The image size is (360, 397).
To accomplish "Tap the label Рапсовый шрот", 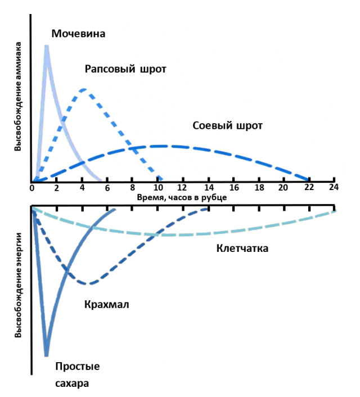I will (x=125, y=69).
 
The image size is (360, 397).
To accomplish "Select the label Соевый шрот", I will (x=227, y=125).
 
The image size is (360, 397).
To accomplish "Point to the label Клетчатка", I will (x=242, y=247).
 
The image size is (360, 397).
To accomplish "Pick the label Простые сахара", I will (x=77, y=375).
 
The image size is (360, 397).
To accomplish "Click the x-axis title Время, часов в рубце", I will (x=183, y=198).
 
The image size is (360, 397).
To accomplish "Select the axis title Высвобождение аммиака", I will (x=18, y=96).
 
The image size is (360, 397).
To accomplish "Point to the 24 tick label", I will (x=334, y=187).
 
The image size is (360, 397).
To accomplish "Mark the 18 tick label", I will (x=258, y=188).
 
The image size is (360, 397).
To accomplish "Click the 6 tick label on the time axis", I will (x=107, y=188).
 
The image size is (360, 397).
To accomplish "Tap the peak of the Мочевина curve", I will (x=47, y=46).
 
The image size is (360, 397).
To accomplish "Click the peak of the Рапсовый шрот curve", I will (x=83, y=89).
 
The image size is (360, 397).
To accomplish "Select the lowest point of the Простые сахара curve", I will (x=46, y=354).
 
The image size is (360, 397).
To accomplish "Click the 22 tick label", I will (x=309, y=188).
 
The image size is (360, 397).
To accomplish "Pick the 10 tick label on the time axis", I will (x=158, y=188).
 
